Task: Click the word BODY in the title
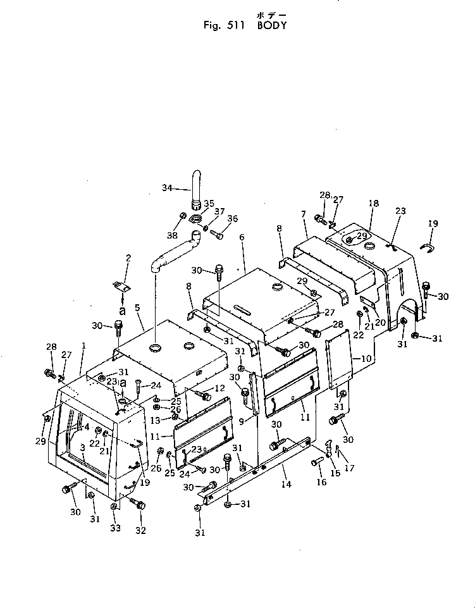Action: pyautogui.click(x=271, y=26)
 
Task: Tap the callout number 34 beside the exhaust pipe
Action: pyautogui.click(x=167, y=187)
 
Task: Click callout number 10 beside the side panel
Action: pyautogui.click(x=366, y=359)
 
